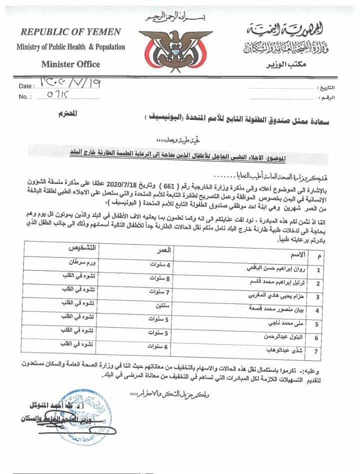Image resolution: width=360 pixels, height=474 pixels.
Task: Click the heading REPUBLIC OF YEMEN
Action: click(70, 32)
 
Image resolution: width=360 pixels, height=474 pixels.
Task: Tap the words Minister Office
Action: click(71, 64)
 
